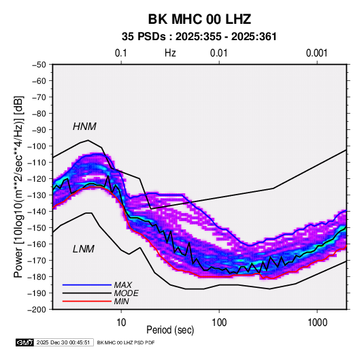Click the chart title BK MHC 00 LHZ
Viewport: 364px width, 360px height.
pos(199,19)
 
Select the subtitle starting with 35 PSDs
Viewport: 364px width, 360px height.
pos(199,37)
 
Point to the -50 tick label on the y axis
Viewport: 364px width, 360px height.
pos(39,65)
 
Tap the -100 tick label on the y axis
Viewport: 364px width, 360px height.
pos(37,146)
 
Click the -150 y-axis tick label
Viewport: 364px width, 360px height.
pos(37,228)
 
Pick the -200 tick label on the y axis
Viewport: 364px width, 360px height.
pos(37,310)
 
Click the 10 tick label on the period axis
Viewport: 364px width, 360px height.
pos(121,323)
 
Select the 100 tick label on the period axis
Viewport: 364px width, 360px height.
pos(219,323)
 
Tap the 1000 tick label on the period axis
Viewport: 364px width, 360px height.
pos(317,323)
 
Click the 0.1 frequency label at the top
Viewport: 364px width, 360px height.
pos(121,53)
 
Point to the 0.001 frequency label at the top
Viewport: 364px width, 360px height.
pos(316,53)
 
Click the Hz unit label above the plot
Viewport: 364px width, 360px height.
pos(170,53)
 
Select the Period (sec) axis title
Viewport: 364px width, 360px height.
pos(170,330)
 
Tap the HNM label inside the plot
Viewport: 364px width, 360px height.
pos(84,127)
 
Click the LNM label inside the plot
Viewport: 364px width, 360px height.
pos(84,249)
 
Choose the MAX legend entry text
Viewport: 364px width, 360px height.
pos(123,285)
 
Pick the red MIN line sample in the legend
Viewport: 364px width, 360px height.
pos(87,301)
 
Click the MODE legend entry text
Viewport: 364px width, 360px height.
pos(127,293)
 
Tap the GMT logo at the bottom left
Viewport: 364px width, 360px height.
pos(24,342)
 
